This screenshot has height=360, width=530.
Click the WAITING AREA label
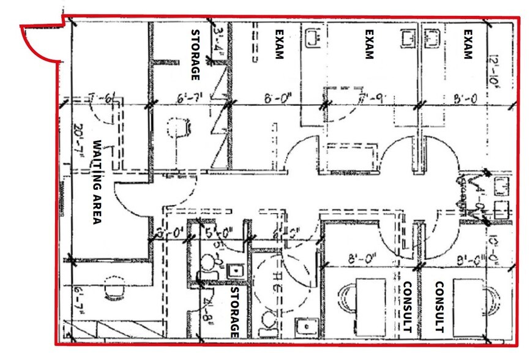[96, 182]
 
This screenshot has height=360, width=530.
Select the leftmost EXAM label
[279, 44]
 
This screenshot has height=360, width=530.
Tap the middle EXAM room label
[369, 44]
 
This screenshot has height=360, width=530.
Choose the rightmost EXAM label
[468, 44]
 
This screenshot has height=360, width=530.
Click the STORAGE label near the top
[196, 55]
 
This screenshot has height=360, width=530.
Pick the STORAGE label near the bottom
[233, 313]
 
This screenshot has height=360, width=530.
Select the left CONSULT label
[406, 307]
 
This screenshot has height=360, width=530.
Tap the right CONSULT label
[439, 307]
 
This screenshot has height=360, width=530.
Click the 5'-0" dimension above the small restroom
[217, 233]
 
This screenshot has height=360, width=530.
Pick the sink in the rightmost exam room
[434, 38]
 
